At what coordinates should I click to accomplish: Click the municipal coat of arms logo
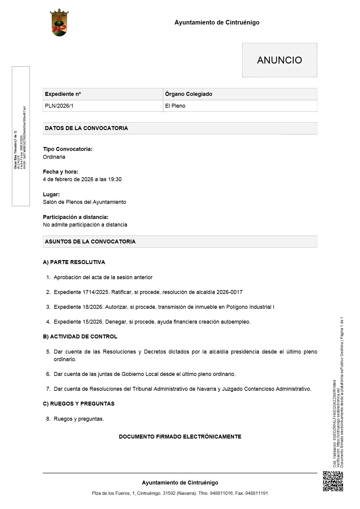pos(59,23)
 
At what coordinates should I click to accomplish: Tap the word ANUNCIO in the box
pos(279,60)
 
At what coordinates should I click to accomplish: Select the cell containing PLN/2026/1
pos(59,106)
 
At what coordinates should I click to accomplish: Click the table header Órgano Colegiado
pos(188,94)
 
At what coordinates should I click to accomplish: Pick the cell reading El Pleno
pos(175,106)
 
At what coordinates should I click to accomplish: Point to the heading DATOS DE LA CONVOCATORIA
pos(86,128)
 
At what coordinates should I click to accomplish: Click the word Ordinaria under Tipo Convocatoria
pos(54,157)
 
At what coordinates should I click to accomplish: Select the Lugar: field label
pos(51,194)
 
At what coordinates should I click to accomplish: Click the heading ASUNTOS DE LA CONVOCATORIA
pos(90,242)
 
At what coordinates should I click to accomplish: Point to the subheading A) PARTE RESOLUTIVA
pos(74,262)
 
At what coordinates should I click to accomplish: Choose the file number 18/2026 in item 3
pos(93,307)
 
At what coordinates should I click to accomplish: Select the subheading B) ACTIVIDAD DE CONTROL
pos(80,337)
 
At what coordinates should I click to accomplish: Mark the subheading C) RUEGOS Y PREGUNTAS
pos(79,404)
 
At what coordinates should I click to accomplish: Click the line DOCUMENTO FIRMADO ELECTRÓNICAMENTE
pos(180,437)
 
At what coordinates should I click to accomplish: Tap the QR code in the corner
pos(333,481)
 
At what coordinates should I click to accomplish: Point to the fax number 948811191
pos(257,493)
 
